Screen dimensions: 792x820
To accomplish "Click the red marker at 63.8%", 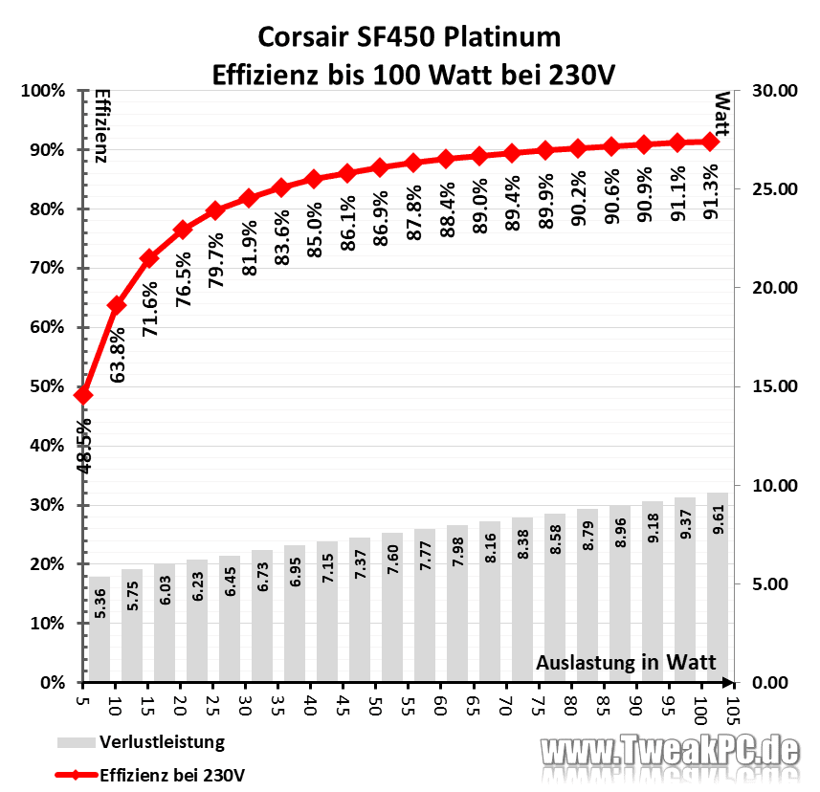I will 117,305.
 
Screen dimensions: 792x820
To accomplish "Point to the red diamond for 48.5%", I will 83,395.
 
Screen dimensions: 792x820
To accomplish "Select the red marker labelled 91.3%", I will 709,142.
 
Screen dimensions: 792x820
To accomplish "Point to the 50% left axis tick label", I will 45,387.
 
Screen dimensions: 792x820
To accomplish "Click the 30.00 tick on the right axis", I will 774,91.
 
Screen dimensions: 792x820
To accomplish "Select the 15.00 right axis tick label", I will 774,387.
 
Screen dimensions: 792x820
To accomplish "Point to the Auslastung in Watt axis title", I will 626,663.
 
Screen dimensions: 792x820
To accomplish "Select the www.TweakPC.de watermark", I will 671,750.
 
